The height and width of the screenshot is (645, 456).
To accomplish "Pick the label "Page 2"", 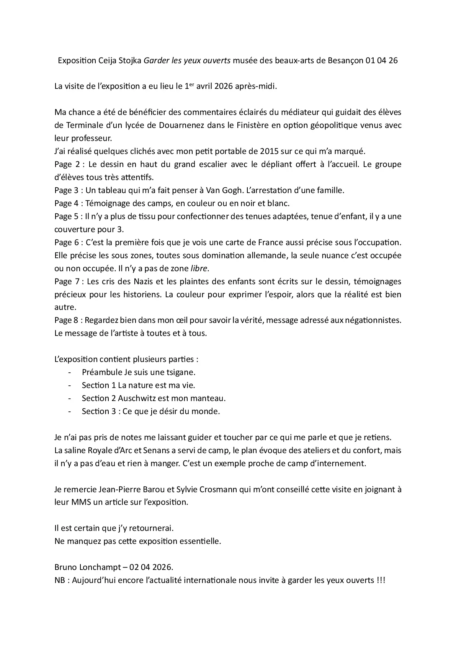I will pos(67,164).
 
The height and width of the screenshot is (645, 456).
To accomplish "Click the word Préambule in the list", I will pos(101,372).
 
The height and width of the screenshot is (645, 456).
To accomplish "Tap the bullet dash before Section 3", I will pos(69,411).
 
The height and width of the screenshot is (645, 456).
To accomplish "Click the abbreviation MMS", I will pos(81,502).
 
